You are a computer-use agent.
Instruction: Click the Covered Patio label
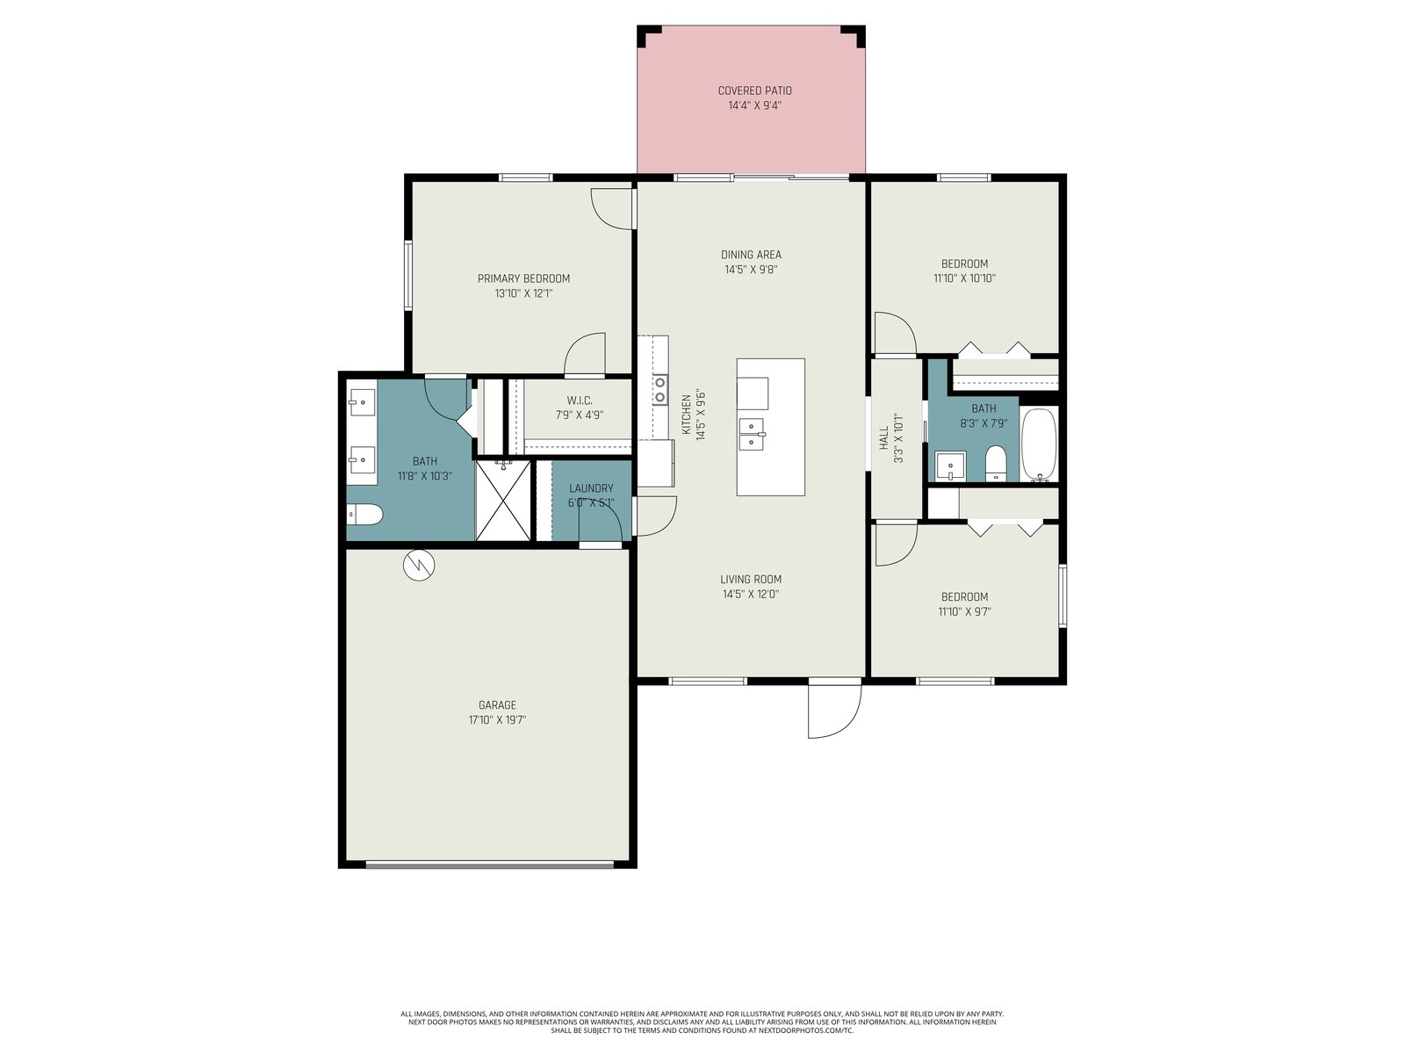pos(754,90)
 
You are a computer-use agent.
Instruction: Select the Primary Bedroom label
pos(523,278)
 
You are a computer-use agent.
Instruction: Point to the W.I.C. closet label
pos(580,401)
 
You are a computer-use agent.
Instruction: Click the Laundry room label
pos(592,488)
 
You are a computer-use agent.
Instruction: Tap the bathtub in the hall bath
pos(1038,444)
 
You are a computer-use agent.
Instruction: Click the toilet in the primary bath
pos(364,513)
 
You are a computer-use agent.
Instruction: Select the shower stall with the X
pos(503,500)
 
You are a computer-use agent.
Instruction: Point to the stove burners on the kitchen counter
pos(659,390)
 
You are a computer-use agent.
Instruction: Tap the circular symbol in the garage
pos(419,565)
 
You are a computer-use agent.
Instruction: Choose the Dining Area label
pos(752,255)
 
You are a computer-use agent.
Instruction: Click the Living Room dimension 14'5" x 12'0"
pos(751,594)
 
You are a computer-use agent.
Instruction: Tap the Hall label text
pos(884,437)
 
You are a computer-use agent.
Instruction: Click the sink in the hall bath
pos(950,466)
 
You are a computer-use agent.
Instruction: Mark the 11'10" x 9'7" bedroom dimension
pos(964,612)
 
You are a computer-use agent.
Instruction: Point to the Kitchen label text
pos(686,415)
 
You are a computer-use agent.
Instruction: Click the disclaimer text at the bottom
pos(702,1022)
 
